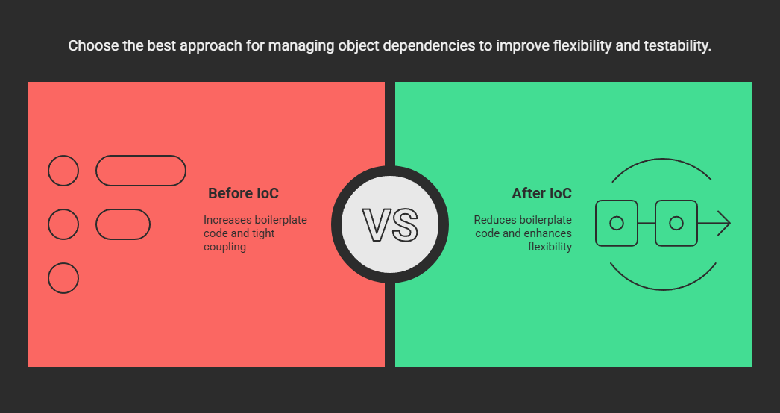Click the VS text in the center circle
(390, 225)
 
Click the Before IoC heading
(243, 193)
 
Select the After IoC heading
(541, 193)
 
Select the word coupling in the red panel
(225, 247)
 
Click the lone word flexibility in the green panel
(550, 247)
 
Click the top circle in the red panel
(63, 171)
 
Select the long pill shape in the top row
(141, 156)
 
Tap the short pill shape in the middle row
(123, 209)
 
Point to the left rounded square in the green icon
(596, 224)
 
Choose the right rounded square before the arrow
(655, 224)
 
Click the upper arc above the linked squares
(662, 160)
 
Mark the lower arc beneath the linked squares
(663, 289)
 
